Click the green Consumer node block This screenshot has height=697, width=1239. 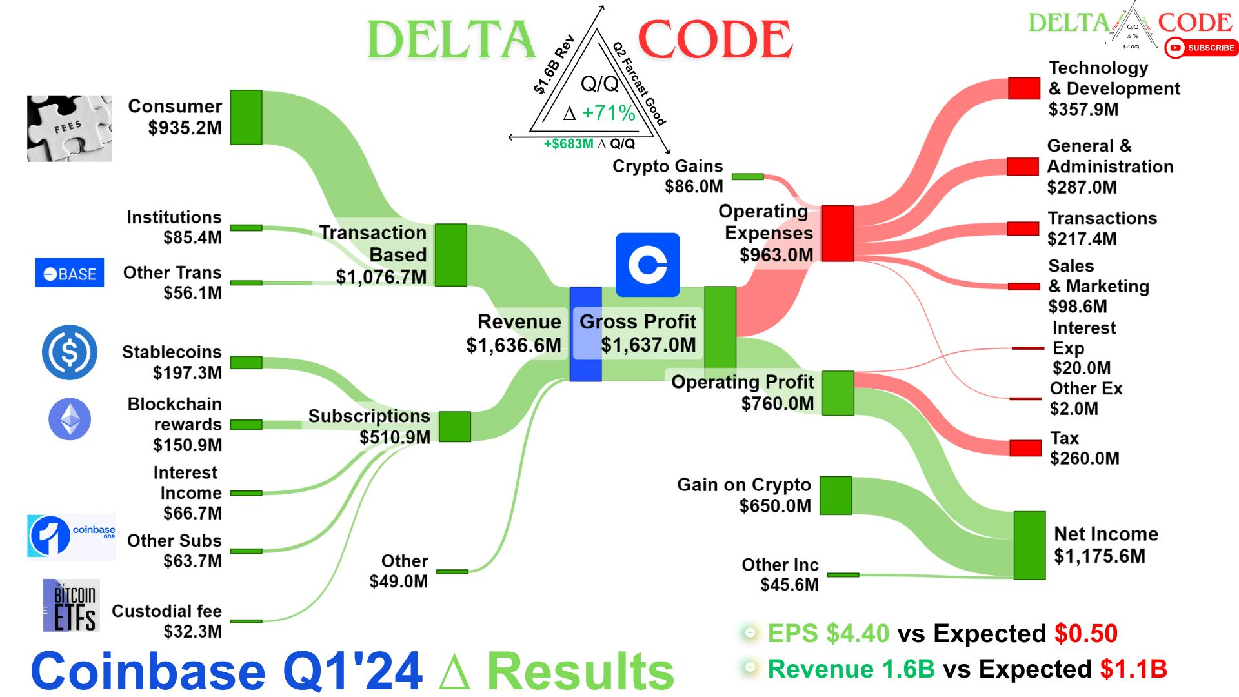tap(246, 117)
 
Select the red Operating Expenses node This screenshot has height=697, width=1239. tap(838, 233)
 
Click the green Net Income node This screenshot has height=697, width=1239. tap(1029, 545)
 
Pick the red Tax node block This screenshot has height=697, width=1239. tap(1025, 448)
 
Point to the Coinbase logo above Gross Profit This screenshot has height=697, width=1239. tap(647, 265)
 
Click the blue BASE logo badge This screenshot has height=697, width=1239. tap(70, 273)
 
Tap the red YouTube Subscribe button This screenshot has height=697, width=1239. tap(1202, 48)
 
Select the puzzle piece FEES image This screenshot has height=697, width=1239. tap(69, 128)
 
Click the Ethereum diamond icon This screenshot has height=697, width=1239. tap(70, 419)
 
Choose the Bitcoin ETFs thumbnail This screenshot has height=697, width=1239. tap(72, 605)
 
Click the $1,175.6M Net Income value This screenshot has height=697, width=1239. tap(1099, 556)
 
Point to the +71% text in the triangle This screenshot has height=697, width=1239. tap(608, 113)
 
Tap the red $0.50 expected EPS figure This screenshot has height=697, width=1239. tap(1085, 634)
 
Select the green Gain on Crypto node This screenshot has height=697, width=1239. tap(836, 496)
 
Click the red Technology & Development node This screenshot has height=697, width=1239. tap(1024, 88)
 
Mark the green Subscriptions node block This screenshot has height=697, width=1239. tap(454, 427)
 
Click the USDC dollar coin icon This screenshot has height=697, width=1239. tap(70, 352)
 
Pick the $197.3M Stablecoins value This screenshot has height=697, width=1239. tap(187, 372)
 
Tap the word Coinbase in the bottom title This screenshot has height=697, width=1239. tap(148, 671)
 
